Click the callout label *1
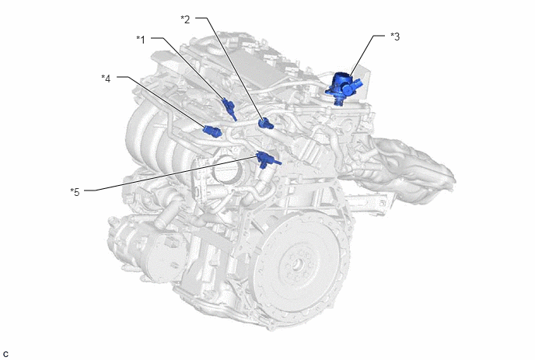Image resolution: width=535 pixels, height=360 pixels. pyautogui.click(x=141, y=40)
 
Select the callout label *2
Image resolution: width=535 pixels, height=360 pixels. pyautogui.click(x=185, y=19)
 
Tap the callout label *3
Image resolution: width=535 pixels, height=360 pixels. pyautogui.click(x=395, y=37)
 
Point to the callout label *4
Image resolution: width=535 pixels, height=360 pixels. pyautogui.click(x=106, y=79)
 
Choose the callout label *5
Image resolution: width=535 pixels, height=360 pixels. pyautogui.click(x=75, y=192)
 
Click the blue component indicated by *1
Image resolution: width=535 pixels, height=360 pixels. pyautogui.click(x=229, y=109)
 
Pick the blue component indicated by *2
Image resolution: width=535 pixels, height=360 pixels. pyautogui.click(x=265, y=123)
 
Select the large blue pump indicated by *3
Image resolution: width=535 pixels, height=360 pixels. pyautogui.click(x=344, y=87)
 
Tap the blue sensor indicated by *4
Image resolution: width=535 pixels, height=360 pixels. pyautogui.click(x=212, y=131)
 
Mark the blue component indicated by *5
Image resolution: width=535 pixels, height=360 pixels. pyautogui.click(x=267, y=159)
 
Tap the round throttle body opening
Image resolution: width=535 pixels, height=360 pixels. pyautogui.click(x=226, y=168)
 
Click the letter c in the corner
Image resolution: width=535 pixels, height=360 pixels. pyautogui.click(x=5, y=355)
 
